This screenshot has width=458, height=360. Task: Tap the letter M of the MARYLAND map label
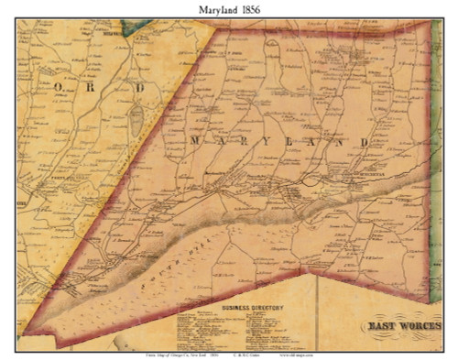(194, 143)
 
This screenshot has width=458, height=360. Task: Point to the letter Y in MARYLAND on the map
(255, 143)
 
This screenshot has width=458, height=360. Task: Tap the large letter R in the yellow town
(98, 87)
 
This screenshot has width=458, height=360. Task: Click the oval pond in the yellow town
(136, 117)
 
